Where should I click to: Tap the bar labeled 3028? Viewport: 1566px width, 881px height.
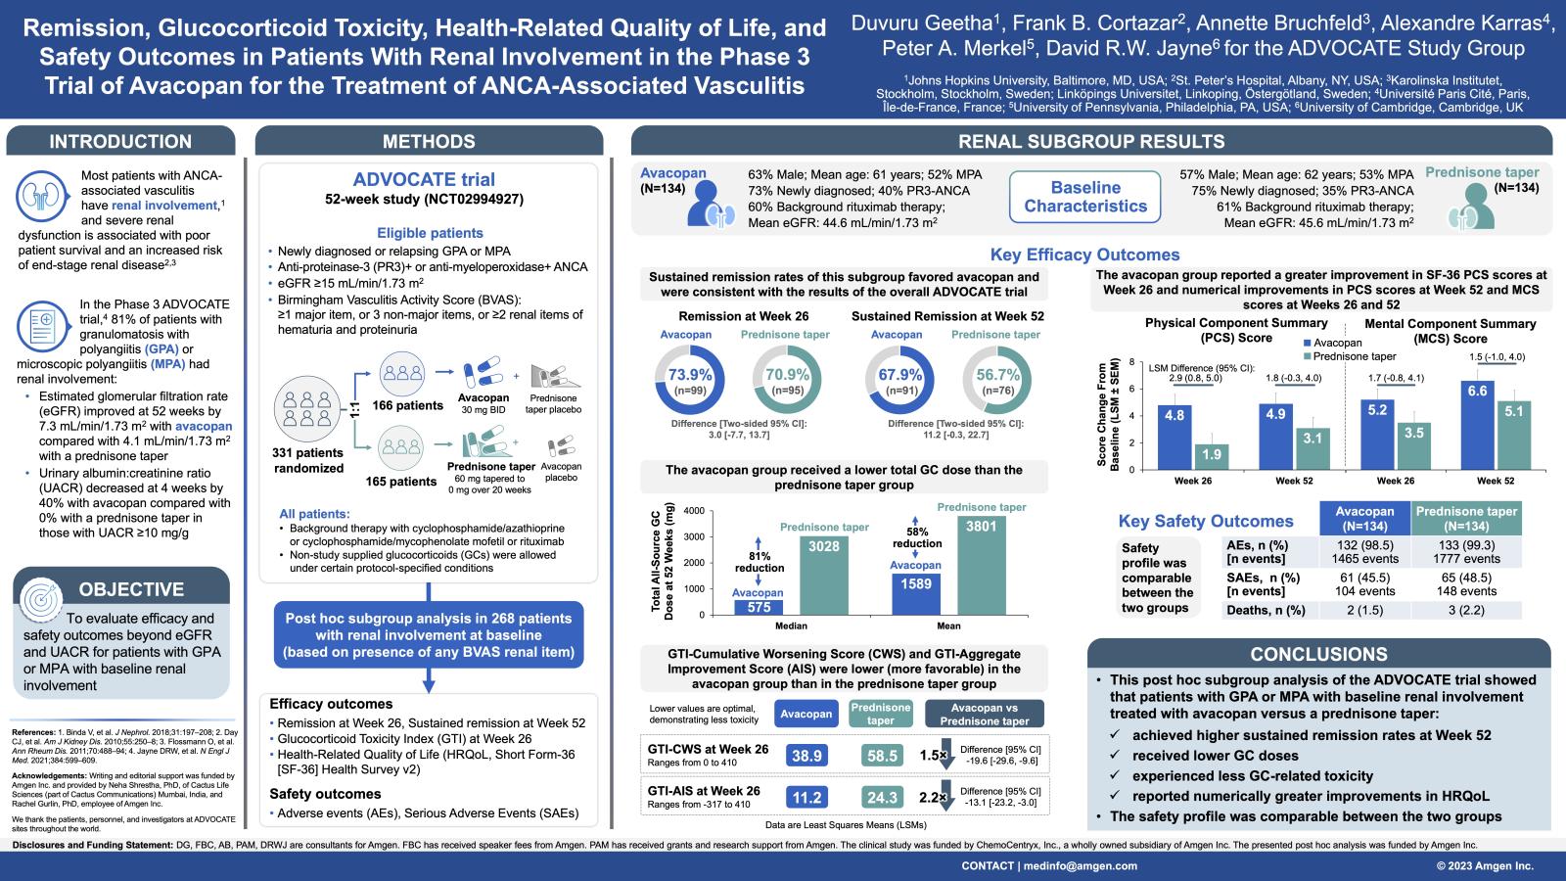coord(823,576)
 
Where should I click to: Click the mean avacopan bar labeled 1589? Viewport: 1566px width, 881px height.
coord(915,593)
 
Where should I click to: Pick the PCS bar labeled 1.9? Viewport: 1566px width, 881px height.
coord(1211,456)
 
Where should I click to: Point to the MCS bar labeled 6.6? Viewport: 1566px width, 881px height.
coord(1477,424)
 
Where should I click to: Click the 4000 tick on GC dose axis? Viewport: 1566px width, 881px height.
coord(693,511)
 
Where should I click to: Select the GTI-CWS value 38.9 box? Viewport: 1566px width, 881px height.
coord(806,756)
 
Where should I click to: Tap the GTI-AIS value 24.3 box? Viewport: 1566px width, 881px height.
coord(882,797)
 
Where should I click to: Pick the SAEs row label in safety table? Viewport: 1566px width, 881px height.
coord(1258,584)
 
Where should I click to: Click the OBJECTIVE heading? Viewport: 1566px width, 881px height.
coord(131,589)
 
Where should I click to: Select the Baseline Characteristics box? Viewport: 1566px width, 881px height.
coord(1084,197)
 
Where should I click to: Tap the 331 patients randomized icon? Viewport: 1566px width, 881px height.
coord(308,407)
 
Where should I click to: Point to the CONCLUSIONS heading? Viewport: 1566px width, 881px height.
coord(1318,654)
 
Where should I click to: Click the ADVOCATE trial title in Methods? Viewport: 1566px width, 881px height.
coord(424,180)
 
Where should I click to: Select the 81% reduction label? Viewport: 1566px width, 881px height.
coord(760,562)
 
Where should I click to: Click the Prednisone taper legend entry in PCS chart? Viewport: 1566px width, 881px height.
coord(1354,356)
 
